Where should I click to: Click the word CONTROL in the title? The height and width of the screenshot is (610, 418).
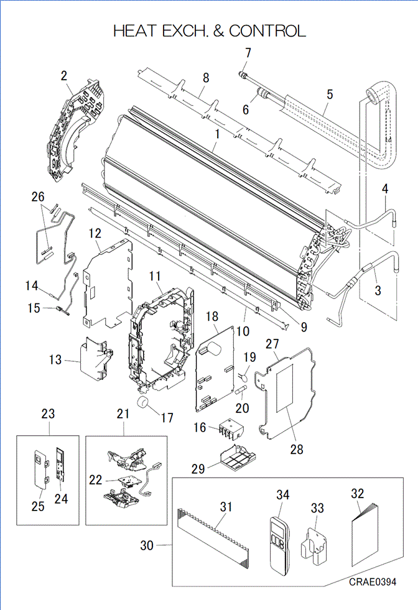(x=268, y=30)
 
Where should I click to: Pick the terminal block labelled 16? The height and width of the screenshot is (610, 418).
(x=225, y=428)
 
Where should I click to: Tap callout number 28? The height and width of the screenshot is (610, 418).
(x=297, y=449)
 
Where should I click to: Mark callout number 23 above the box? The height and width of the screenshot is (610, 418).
(x=49, y=413)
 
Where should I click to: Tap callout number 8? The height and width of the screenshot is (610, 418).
(x=206, y=78)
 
